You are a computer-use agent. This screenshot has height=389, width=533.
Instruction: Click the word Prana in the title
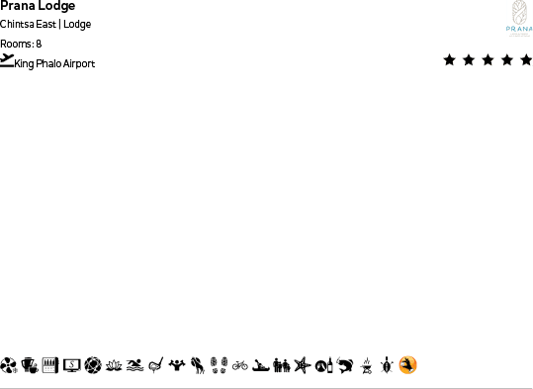pyautogui.click(x=17, y=6)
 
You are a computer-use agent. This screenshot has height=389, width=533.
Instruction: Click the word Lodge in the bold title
pyautogui.click(x=56, y=6)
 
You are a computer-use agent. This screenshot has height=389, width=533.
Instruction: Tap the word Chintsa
pyautogui.click(x=18, y=25)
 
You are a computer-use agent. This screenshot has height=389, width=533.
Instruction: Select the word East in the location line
pyautogui.click(x=46, y=25)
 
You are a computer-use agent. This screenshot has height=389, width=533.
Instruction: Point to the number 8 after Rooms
pyautogui.click(x=39, y=44)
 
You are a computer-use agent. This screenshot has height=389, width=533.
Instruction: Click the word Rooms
pyautogui.click(x=16, y=44)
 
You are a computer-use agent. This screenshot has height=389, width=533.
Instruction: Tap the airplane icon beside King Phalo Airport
pyautogui.click(x=8, y=60)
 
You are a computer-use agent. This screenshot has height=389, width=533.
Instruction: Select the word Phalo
pyautogui.click(x=49, y=64)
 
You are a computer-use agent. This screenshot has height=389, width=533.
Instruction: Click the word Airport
pyautogui.click(x=79, y=64)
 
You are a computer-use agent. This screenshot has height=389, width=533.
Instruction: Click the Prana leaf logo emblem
pyautogui.click(x=519, y=13)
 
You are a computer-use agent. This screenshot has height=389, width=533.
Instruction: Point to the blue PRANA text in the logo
pyautogui.click(x=519, y=30)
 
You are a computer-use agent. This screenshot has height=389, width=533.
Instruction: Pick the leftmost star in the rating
pyautogui.click(x=450, y=60)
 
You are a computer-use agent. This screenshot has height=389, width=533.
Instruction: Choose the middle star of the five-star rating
pyautogui.click(x=489, y=60)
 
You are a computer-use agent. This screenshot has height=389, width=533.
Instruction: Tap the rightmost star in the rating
pyautogui.click(x=526, y=60)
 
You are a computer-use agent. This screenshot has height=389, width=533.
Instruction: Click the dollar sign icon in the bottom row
pyautogui.click(x=72, y=365)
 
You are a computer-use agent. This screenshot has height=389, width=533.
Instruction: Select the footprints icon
pyautogui.click(x=219, y=365)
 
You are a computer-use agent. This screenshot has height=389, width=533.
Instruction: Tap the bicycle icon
pyautogui.click(x=239, y=365)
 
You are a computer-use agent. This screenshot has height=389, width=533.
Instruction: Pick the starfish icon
pyautogui.click(x=302, y=365)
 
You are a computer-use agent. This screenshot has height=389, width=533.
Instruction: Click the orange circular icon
pyautogui.click(x=407, y=365)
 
